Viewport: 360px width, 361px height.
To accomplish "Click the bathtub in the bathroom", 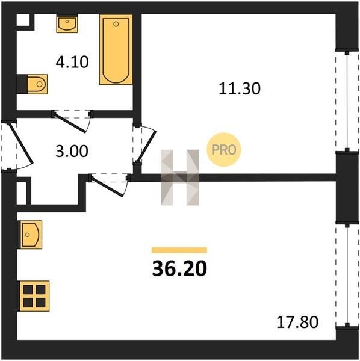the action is [116, 49].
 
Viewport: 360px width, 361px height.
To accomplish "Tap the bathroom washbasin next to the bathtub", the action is [67, 23].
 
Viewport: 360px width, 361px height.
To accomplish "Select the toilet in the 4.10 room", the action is [33, 84].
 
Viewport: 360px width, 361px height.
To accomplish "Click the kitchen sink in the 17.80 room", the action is [30, 235].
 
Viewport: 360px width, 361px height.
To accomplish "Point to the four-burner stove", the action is [34, 296].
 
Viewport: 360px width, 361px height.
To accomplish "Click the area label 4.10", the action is [72, 62].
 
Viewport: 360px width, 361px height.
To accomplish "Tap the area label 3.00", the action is [72, 151].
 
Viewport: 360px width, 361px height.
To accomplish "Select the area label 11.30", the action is [240, 88].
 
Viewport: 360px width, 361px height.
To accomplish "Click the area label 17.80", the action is [297, 322].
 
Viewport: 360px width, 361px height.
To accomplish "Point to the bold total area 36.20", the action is [179, 269].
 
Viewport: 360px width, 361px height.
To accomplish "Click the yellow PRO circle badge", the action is [224, 150].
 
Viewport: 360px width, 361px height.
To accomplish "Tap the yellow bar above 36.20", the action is [179, 250].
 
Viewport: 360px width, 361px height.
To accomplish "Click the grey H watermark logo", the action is [179, 177].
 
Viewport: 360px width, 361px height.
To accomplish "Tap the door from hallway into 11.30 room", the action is [144, 144].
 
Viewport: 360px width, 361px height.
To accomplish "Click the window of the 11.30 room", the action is [347, 101].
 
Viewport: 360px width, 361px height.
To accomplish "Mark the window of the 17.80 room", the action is [347, 275].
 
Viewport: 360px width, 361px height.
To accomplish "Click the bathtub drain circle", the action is [116, 24].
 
